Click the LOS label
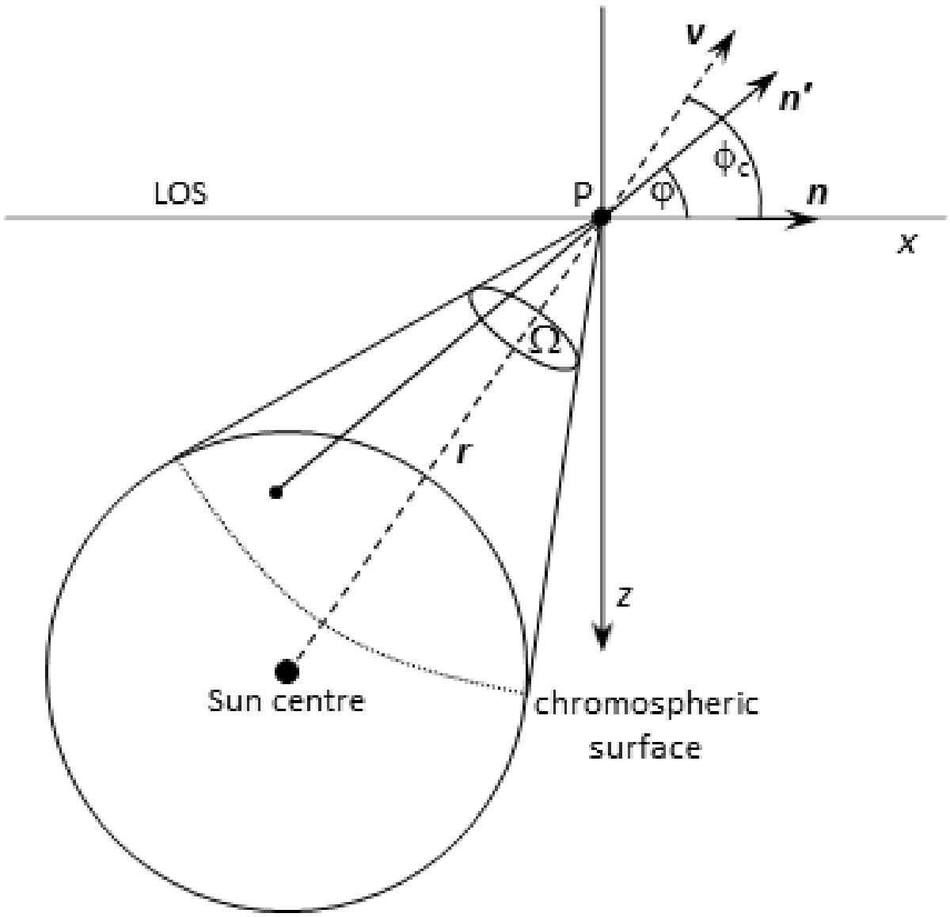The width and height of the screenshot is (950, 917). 180,194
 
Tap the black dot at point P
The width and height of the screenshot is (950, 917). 602,218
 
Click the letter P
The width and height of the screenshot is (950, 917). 582,194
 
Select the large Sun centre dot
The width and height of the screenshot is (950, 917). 287,672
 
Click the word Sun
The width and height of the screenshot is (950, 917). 234,701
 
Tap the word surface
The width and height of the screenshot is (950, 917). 645,747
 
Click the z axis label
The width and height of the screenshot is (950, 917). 625,596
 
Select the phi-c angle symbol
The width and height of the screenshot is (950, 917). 731,162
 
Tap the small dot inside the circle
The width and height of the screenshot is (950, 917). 276,493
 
